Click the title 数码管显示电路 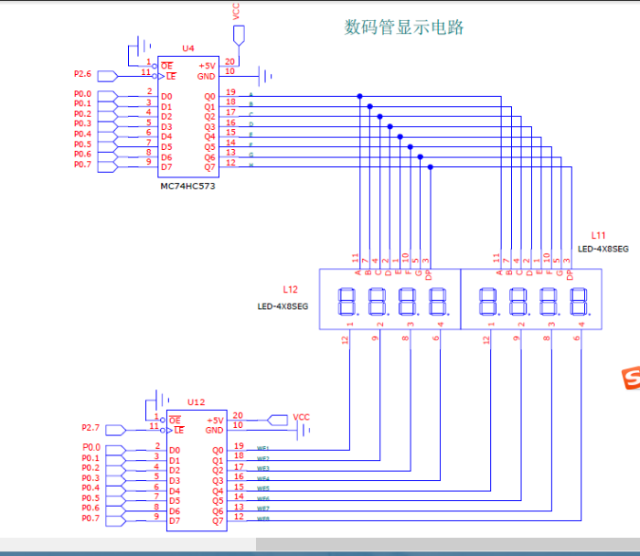(x=403, y=27)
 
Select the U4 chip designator (x=187, y=48)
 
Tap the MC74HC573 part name (x=189, y=186)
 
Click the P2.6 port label (x=83, y=74)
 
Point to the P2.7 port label (x=91, y=427)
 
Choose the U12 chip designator (x=196, y=401)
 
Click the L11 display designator (x=599, y=236)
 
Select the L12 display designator (x=290, y=289)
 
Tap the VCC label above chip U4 (x=237, y=12)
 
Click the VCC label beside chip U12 (x=301, y=417)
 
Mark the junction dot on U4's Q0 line (x=359, y=96)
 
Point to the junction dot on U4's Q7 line (x=431, y=166)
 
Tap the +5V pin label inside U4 (x=207, y=66)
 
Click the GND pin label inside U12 (x=214, y=430)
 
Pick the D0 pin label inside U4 (x=166, y=96)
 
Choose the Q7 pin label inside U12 (x=218, y=520)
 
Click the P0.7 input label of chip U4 (x=82, y=165)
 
